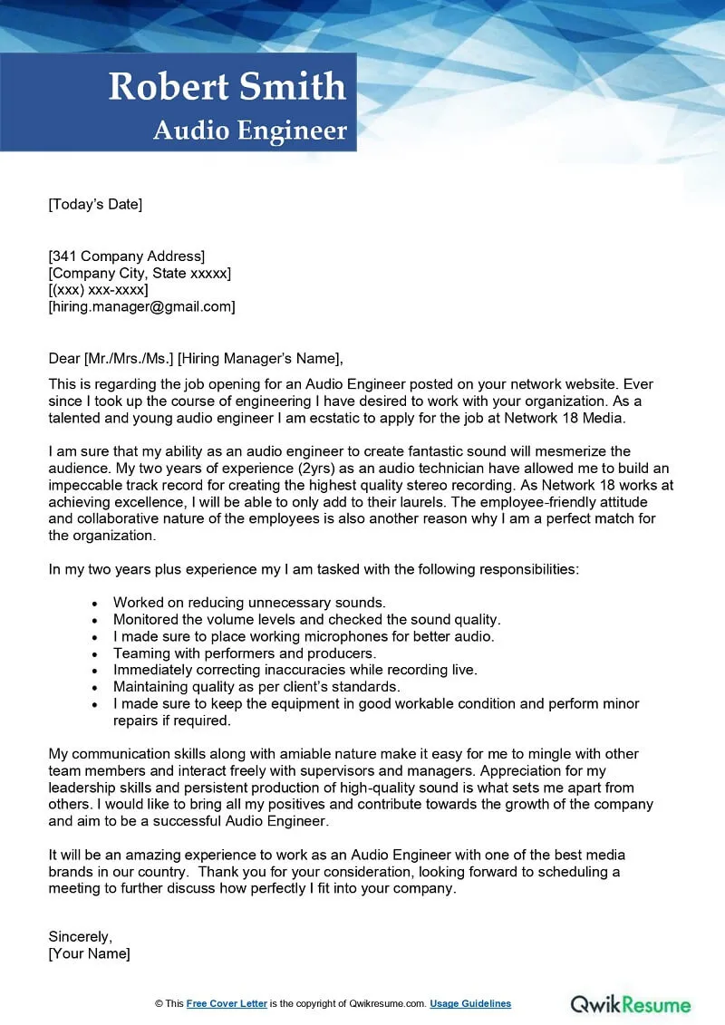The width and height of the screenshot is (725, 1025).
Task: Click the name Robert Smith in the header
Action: pyautogui.click(x=227, y=87)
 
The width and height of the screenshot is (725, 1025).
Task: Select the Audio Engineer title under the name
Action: pyautogui.click(x=250, y=131)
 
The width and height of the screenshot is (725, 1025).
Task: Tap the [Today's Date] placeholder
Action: pyautogui.click(x=95, y=204)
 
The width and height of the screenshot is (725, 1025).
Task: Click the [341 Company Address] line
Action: pyautogui.click(x=126, y=256)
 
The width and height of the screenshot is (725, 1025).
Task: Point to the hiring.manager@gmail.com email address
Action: pyautogui.click(x=141, y=307)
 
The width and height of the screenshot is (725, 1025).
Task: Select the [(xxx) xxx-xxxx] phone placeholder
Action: pyautogui.click(x=98, y=290)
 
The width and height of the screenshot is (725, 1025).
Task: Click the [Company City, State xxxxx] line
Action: pyautogui.click(x=140, y=273)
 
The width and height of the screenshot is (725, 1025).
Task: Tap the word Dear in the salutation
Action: pyautogui.click(x=63, y=358)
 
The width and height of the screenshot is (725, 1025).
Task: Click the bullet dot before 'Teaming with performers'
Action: pyautogui.click(x=96, y=653)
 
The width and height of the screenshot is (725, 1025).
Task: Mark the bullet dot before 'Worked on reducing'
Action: pyautogui.click(x=96, y=603)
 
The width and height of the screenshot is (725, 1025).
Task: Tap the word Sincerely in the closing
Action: pyautogui.click(x=80, y=936)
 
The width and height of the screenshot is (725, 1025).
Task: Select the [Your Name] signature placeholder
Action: pyautogui.click(x=89, y=953)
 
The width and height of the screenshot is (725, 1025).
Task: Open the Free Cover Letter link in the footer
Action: pyautogui.click(x=227, y=1003)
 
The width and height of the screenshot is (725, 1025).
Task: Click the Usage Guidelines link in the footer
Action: pyautogui.click(x=470, y=1003)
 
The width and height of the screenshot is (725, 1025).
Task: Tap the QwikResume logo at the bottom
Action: pyautogui.click(x=631, y=1003)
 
